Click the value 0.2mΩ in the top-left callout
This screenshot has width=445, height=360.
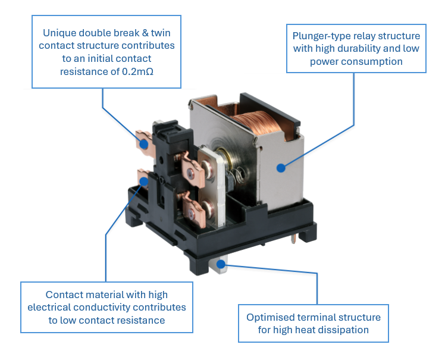(x=137, y=71)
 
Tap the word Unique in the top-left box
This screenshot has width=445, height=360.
(x=59, y=33)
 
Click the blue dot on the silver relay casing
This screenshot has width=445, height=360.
(x=281, y=168)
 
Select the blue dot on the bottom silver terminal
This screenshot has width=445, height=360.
(x=221, y=264)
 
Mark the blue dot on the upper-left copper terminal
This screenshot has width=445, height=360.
(x=144, y=144)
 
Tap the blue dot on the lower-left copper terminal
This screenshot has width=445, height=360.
(x=144, y=181)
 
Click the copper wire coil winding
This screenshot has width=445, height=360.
(x=255, y=121)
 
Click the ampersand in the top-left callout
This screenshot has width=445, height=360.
(x=145, y=33)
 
